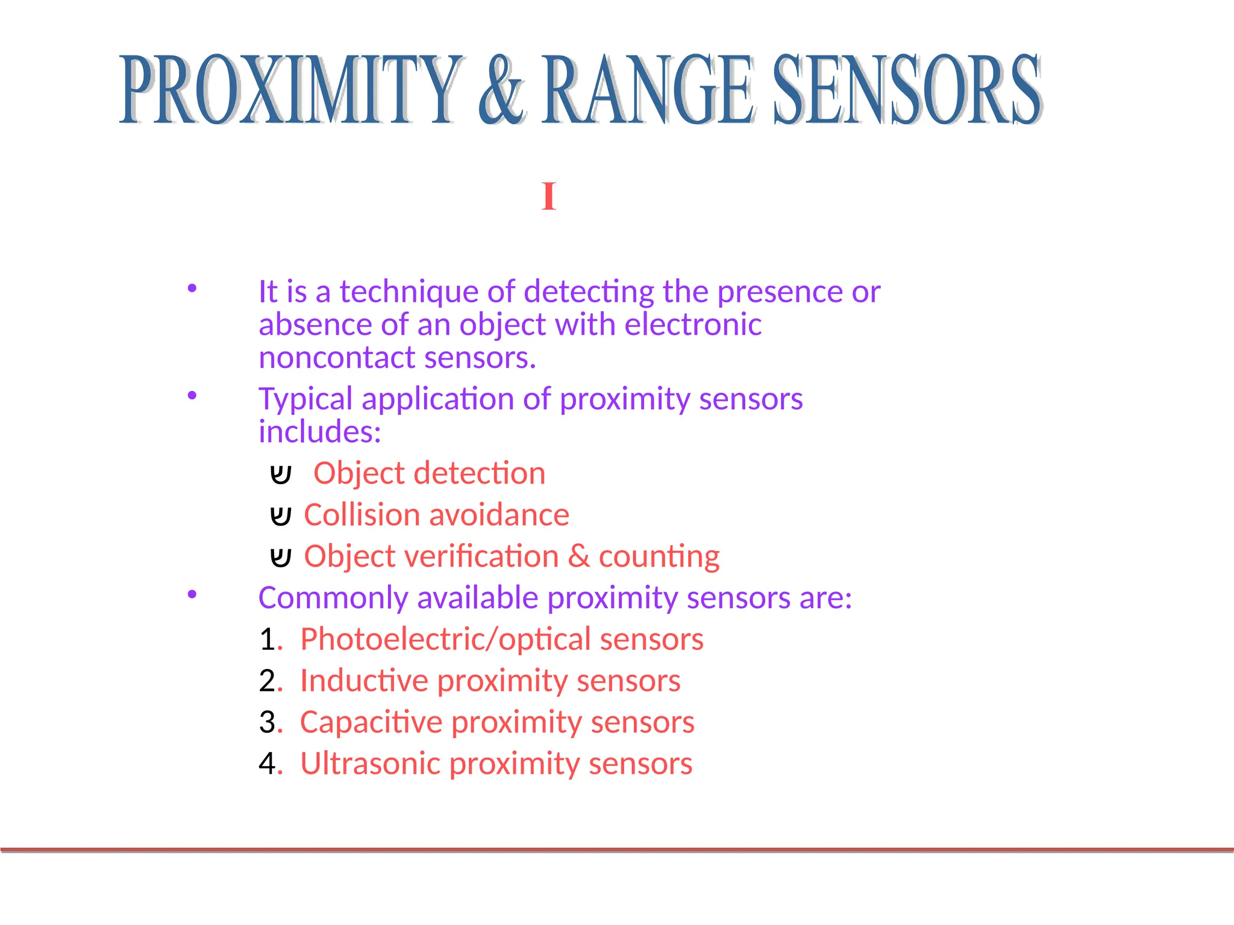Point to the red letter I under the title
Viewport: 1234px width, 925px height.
pos(548,197)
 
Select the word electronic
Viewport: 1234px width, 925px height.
pos(693,325)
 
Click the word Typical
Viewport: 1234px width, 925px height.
pos(305,399)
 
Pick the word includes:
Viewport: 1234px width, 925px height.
pos(320,432)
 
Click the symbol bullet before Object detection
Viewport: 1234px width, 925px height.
pos(281,475)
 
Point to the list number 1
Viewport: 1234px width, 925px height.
pos(268,640)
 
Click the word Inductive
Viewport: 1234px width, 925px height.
pos(364,681)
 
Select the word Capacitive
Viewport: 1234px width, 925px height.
pos(371,722)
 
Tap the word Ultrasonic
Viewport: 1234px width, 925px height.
pos(370,764)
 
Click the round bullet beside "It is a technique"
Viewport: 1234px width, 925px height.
pos(192,288)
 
